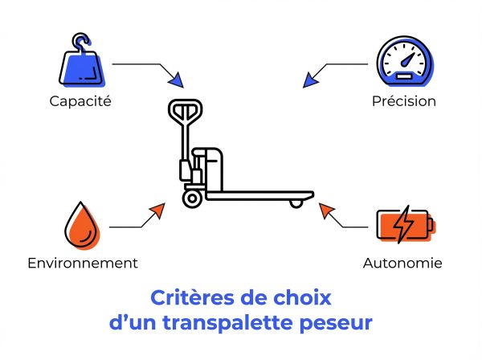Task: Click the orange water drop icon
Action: pos(80,224)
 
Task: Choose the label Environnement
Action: pos(82,263)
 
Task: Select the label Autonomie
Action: pos(402,263)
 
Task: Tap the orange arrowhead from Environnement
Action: pos(158,210)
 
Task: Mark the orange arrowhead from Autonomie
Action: pos(325,211)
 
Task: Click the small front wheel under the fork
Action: pos(296,202)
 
